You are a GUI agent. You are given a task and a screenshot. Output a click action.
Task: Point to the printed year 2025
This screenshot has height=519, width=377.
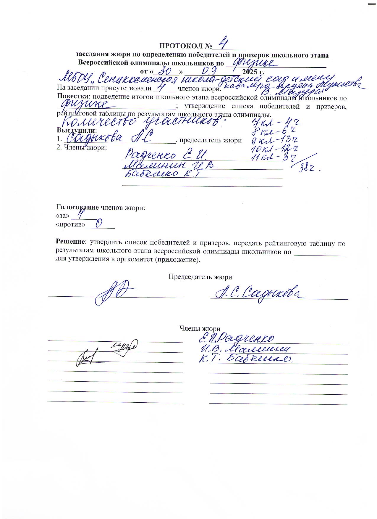(x=250, y=72)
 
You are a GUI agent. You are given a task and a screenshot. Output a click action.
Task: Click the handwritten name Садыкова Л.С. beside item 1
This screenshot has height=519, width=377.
(x=108, y=137)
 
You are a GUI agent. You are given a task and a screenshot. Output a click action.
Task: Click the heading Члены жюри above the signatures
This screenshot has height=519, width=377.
(x=200, y=328)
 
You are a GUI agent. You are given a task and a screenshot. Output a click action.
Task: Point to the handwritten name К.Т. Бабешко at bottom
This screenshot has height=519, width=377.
(x=246, y=359)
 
